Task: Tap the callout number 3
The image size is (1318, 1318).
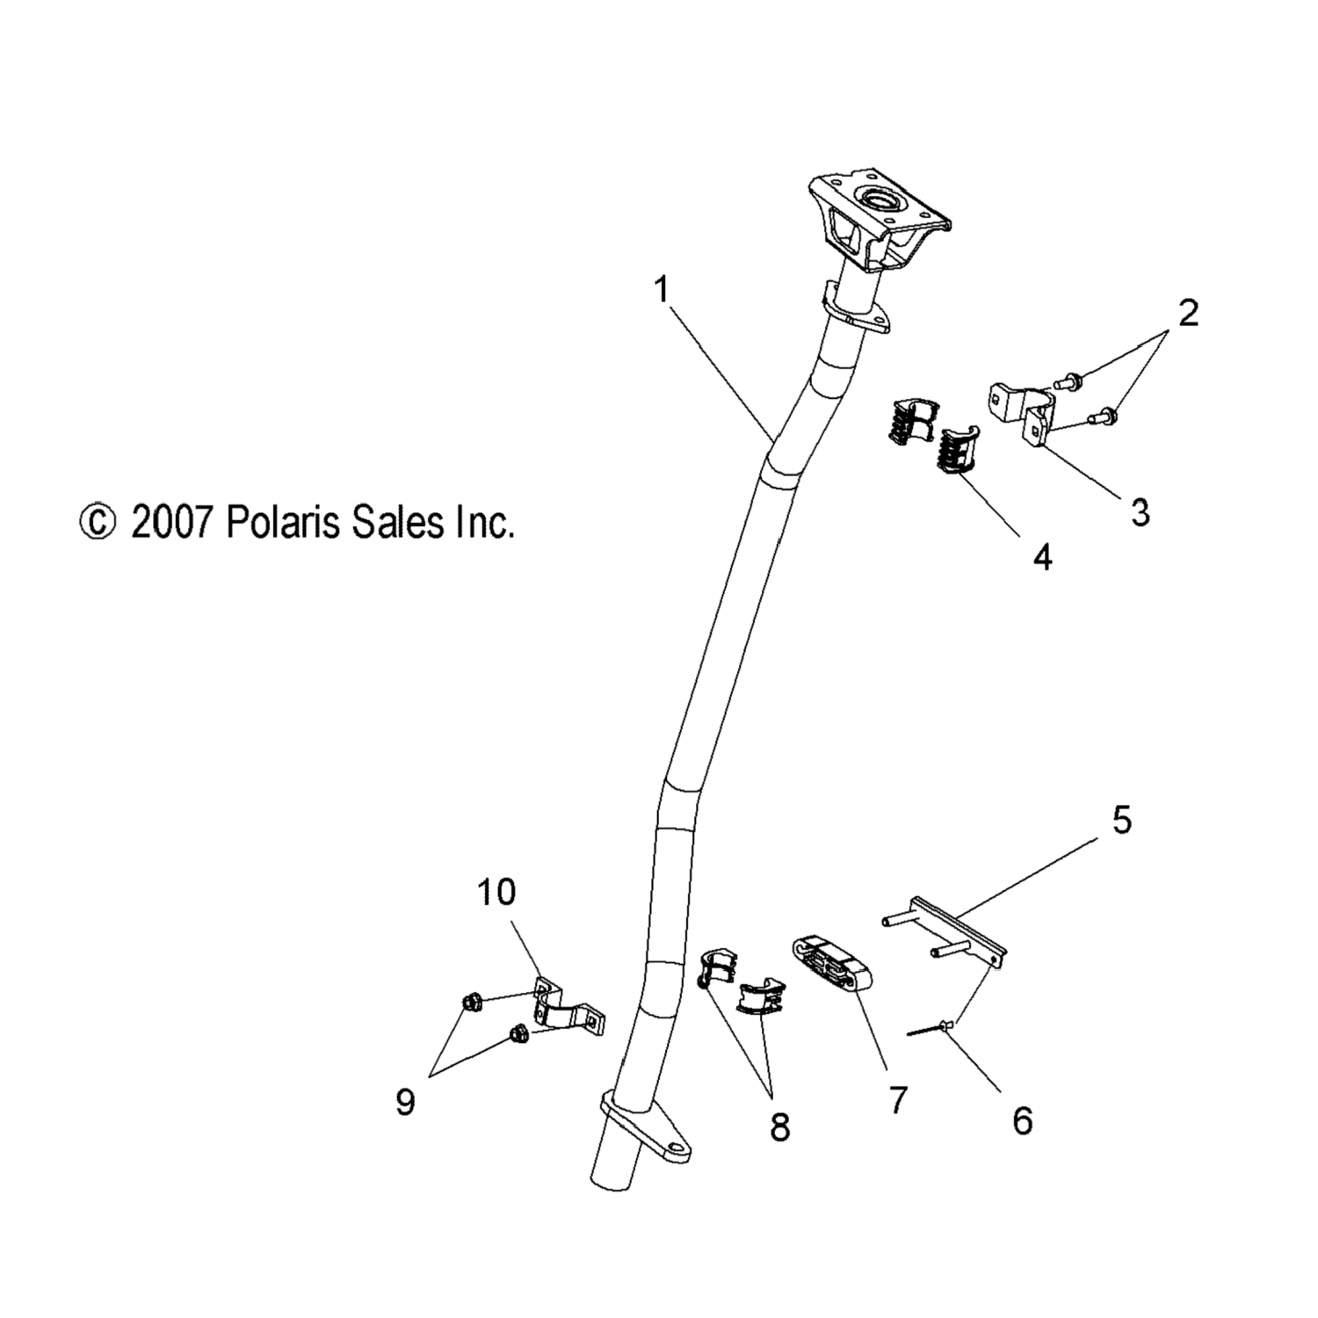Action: [1140, 512]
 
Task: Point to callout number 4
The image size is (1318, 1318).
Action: [1042, 557]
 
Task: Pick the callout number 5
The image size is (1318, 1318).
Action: [1122, 820]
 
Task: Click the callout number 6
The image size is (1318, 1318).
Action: [1022, 1121]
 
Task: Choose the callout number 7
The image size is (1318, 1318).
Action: [897, 1100]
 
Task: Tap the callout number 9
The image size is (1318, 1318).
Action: [405, 1102]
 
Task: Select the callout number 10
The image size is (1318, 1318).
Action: [496, 893]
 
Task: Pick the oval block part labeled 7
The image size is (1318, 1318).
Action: [830, 964]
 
